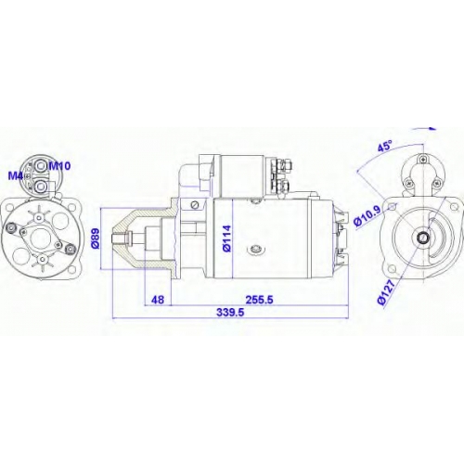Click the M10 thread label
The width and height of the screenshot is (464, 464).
point(60,166)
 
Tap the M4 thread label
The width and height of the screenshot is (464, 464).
point(16,176)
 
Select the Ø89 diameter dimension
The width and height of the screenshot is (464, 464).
point(96,238)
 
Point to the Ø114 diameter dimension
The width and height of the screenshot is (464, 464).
point(226,238)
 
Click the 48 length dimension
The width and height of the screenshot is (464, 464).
point(158,300)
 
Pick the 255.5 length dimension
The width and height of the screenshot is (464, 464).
point(259,300)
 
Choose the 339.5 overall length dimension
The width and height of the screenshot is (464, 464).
point(230,312)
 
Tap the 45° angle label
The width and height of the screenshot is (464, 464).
point(384,146)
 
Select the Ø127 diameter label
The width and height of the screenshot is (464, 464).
point(387,292)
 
